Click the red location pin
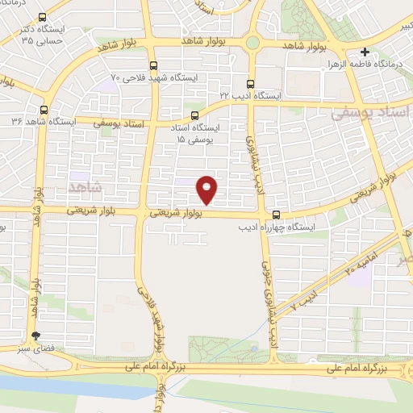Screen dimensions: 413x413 (208, 189)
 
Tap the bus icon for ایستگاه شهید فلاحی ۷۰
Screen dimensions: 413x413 (154, 66)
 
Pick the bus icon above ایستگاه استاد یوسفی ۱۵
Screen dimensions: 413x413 (194, 115)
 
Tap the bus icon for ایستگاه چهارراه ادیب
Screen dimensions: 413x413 (276, 215)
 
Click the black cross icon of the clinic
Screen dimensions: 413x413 (365, 51)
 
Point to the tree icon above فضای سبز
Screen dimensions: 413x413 (35, 336)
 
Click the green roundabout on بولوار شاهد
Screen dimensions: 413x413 (252, 42)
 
